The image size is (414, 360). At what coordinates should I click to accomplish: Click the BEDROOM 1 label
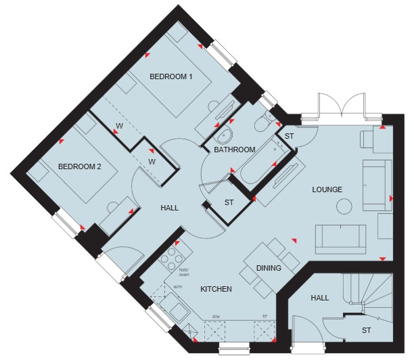tap(171, 76)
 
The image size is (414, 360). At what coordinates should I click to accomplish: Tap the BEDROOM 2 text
tap(79, 166)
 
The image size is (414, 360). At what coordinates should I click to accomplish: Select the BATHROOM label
tap(235, 150)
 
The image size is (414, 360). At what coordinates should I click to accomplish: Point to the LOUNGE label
tap(327, 189)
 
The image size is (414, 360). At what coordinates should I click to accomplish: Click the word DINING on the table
tap(269, 268)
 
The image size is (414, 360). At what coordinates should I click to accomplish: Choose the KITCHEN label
tap(216, 289)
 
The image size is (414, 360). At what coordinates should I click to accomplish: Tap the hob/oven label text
tap(184, 272)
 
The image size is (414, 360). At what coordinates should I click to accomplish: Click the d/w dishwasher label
tap(216, 316)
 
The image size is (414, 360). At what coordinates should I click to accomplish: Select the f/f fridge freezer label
tap(264, 316)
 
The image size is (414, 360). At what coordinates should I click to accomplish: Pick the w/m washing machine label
tap(178, 286)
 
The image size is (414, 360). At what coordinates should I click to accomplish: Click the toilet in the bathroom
tap(264, 121)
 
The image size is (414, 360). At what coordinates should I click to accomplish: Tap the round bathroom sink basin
tap(223, 135)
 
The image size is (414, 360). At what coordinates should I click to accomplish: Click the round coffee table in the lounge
tap(344, 206)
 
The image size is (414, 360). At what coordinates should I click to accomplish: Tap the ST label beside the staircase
tap(366, 330)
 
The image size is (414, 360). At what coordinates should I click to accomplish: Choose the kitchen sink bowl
tap(178, 313)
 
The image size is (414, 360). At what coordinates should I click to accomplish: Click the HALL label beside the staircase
tap(320, 298)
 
